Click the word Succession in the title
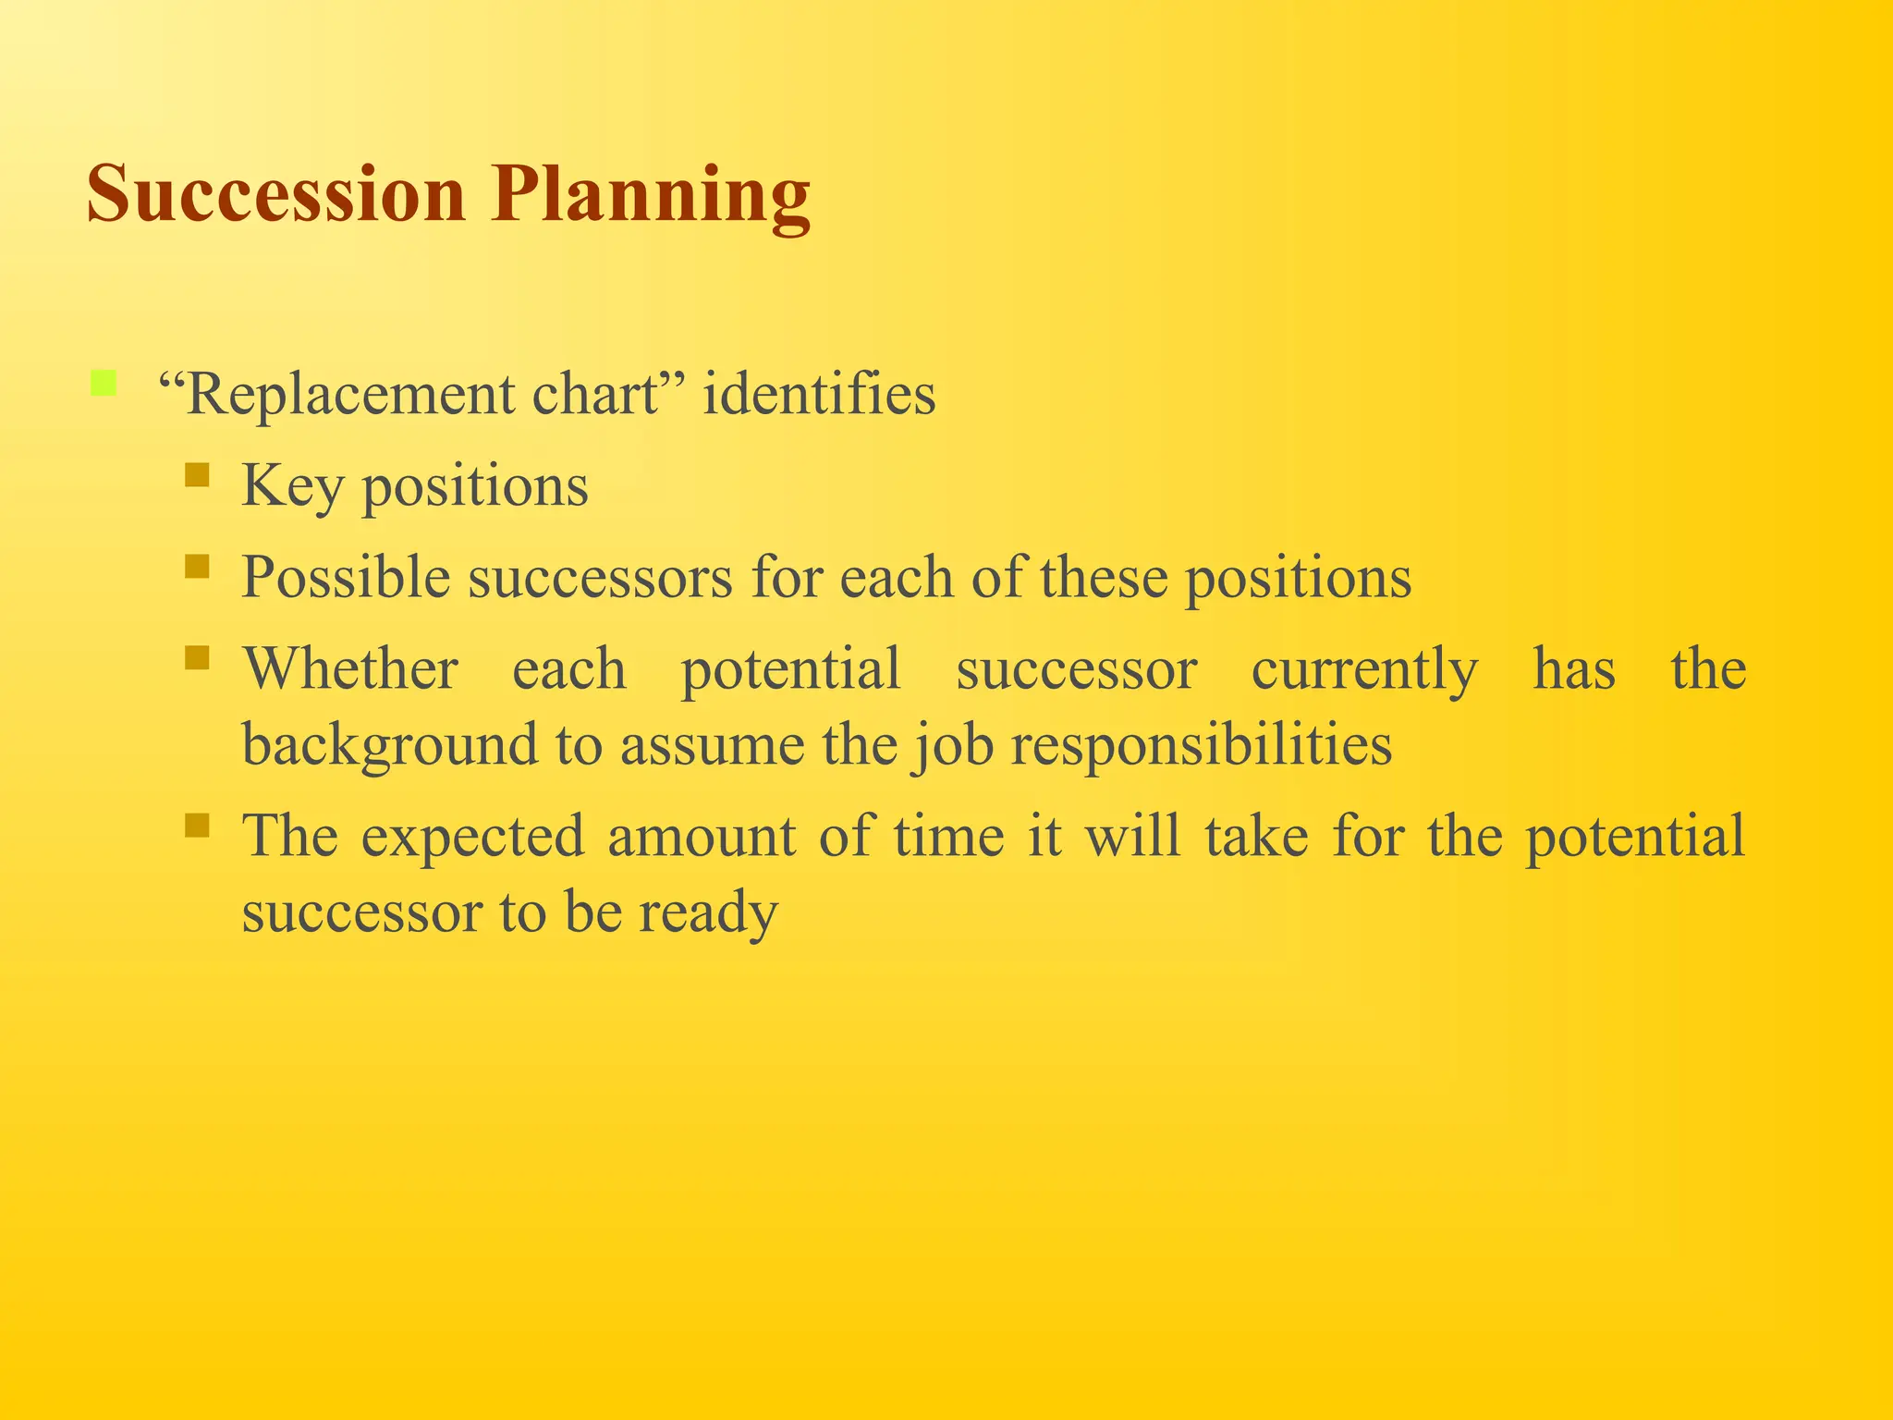point(275,194)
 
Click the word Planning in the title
point(651,196)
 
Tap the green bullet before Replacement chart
point(104,383)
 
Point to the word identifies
point(819,395)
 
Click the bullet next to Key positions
point(197,475)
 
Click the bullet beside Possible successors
point(197,566)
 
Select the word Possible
point(346,578)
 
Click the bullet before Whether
point(197,657)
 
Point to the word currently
point(1364,670)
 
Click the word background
point(389,745)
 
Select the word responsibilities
point(1201,745)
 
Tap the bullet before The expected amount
point(197,824)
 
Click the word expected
point(472,837)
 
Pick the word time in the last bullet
point(948,836)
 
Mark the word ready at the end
point(708,913)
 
